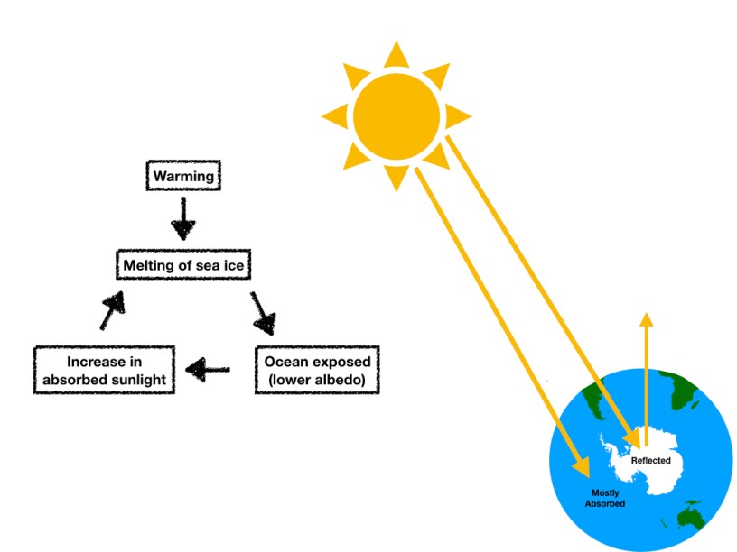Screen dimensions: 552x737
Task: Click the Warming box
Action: [183, 176]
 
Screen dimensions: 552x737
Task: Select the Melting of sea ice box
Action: [183, 265]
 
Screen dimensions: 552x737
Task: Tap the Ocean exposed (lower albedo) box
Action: [317, 371]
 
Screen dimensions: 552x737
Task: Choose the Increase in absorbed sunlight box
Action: [104, 371]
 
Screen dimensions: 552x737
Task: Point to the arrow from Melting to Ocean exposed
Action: [263, 313]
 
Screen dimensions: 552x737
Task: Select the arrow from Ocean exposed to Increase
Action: [209, 368]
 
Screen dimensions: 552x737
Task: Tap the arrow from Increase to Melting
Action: [110, 312]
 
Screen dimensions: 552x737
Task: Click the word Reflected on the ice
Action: [650, 461]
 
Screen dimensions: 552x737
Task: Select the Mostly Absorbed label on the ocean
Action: [607, 498]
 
